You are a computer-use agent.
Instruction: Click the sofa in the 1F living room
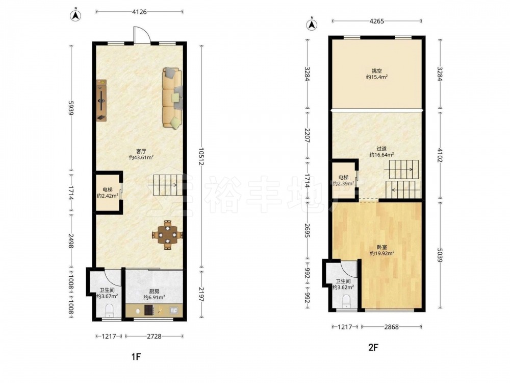pos(172,98)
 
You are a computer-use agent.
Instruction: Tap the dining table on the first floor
pos(167,235)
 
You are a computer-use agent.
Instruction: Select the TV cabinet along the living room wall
pos(101,101)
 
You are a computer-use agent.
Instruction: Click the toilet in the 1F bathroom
pos(110,310)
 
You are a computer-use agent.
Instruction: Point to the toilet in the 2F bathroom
pos(346,301)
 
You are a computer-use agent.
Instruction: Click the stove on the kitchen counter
pos(149,310)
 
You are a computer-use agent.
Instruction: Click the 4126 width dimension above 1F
pos(140,12)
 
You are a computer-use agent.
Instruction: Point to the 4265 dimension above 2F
pos(377,21)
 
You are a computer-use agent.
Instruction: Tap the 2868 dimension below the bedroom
pos(391,327)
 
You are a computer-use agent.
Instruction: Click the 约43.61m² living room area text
pos(141,157)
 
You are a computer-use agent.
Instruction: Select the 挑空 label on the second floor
pos(377,71)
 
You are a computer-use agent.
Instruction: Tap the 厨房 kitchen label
pos(154,292)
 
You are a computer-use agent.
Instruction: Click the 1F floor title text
pos(136,356)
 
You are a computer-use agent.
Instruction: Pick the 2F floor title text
pos(373,347)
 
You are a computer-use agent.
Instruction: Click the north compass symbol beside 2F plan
pos(312,24)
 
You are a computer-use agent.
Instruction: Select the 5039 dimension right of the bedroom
pos(440,255)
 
